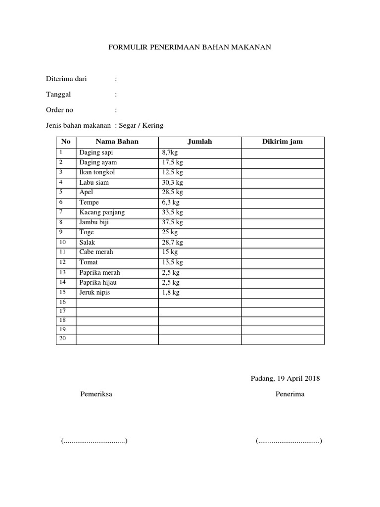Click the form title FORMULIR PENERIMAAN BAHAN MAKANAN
[190, 48]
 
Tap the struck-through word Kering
[153, 126]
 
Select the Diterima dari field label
[66, 79]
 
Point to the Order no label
[59, 110]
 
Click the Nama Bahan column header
[117, 142]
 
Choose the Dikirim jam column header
[283, 142]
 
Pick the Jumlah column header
[200, 142]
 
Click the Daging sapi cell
[96, 152]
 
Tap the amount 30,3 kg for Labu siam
[172, 183]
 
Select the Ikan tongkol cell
[98, 172]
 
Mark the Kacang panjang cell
[102, 212]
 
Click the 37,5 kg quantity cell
[172, 222]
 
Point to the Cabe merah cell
[96, 252]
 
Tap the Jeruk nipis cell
[95, 293]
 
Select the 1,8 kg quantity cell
[170, 293]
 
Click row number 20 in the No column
[62, 339]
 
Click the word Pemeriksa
[96, 395]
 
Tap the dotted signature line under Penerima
[289, 441]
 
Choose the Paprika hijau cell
[98, 282]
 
